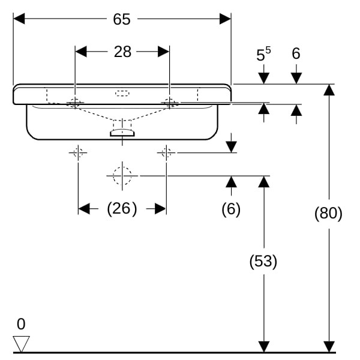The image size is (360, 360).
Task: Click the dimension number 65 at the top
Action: (122, 19)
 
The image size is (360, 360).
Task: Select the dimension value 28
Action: (122, 52)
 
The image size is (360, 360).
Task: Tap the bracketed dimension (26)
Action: (122, 209)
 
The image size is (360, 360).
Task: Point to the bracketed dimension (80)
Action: (328, 213)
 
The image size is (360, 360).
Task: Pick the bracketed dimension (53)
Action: (263, 261)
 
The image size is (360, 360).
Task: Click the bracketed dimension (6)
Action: (231, 209)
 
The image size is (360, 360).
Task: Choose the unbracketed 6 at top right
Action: (296, 54)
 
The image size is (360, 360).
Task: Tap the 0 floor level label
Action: (21, 325)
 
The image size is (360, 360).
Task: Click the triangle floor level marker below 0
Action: (21, 343)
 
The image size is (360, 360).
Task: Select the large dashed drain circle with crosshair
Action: (122, 175)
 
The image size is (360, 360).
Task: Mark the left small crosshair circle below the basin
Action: (78, 152)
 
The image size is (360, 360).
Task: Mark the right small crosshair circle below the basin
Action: (166, 152)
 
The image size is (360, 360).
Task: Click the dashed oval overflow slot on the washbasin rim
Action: (122, 93)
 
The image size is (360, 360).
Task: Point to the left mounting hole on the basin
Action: (75, 103)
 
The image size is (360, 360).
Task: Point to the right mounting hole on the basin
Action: (169, 103)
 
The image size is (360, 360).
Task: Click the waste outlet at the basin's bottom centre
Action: (122, 133)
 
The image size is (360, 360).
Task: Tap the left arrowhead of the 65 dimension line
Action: (18, 19)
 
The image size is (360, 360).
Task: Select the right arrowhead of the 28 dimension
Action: (164, 52)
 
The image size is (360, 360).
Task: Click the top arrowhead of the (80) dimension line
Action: (328, 89)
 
